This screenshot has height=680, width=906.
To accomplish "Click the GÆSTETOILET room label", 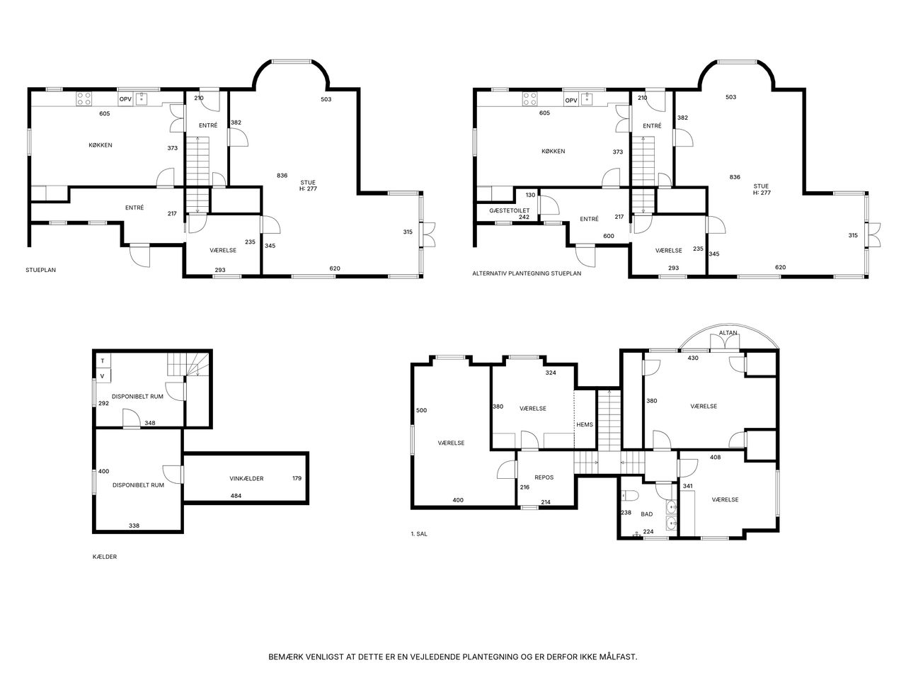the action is coord(509,210).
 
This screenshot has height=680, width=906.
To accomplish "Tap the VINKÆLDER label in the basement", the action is coord(246,479).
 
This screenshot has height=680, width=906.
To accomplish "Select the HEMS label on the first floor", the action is coord(585,424).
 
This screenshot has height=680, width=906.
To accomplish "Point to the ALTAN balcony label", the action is coord(728,333).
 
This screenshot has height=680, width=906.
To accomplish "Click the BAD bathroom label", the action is coord(647,514).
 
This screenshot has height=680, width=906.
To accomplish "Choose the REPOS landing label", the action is coord(544,477).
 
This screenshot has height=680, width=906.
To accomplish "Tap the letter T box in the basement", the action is coord(103,361).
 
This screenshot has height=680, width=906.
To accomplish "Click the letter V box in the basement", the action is coord(103,375).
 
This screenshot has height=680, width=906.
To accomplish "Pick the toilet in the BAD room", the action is coord(630,495).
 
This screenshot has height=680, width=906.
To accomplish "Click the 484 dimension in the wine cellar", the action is coord(236,496).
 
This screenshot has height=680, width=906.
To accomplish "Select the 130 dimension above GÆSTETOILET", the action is coord(530,195).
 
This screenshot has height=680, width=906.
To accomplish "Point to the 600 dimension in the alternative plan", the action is coord(609,236).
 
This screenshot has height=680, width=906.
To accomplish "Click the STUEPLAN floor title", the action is coord(40,270).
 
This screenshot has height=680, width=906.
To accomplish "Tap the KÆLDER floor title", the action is coord(105,557).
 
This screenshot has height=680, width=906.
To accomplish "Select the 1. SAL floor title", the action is coord(419,534).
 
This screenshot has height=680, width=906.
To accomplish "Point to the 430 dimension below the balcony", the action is coord(693,358).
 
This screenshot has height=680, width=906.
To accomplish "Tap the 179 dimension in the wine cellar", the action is coord(297,478).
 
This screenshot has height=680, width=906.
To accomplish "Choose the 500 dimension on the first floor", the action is coord(421,410).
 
